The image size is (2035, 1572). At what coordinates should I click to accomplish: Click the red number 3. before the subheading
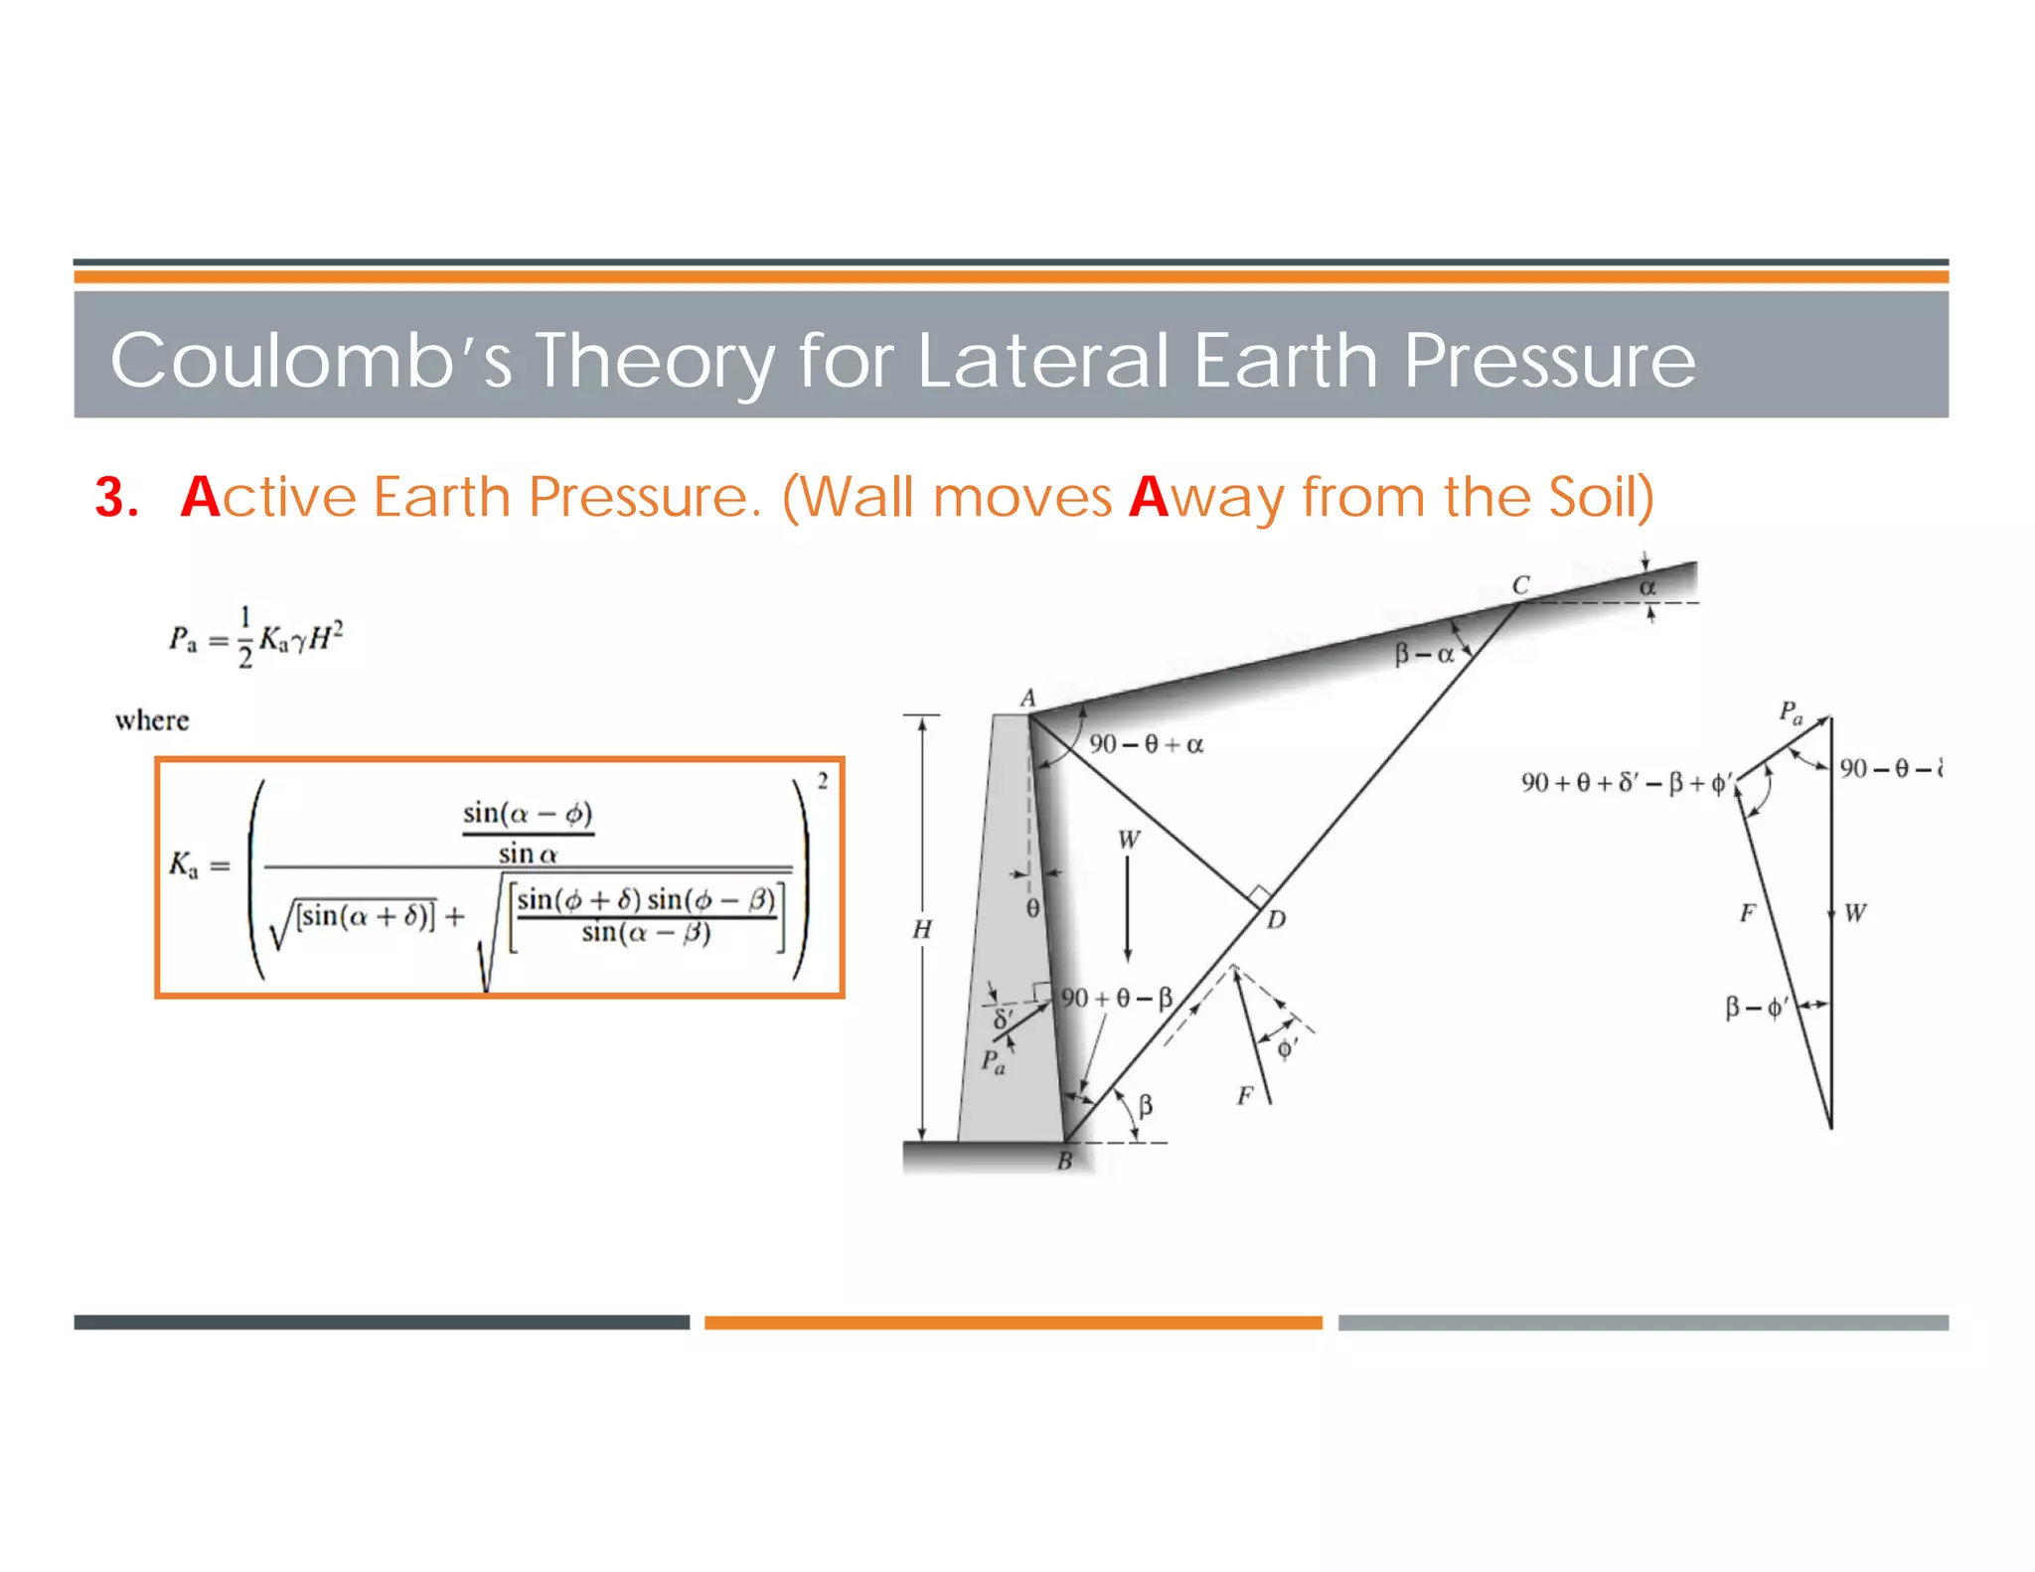click(x=116, y=497)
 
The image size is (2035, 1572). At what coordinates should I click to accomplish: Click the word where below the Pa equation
click(x=152, y=719)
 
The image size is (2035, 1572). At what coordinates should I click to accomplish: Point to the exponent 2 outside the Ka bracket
click(x=822, y=781)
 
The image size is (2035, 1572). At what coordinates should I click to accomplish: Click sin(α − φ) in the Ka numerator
click(x=528, y=814)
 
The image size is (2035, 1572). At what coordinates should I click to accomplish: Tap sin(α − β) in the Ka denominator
click(x=646, y=932)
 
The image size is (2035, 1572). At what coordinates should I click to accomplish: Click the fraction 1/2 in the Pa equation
click(x=244, y=637)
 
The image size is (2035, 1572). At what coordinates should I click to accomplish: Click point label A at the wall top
click(x=1027, y=698)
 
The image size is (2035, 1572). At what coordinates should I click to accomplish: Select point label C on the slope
click(x=1520, y=585)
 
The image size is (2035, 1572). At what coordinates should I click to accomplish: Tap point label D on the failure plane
click(x=1276, y=920)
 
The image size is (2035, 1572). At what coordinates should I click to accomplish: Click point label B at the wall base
click(x=1064, y=1161)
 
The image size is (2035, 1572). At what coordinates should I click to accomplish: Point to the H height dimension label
click(x=922, y=929)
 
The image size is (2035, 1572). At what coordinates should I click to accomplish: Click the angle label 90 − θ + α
click(x=1146, y=744)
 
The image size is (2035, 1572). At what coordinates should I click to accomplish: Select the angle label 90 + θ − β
click(x=1117, y=998)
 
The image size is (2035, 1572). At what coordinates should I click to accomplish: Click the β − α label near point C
click(x=1424, y=654)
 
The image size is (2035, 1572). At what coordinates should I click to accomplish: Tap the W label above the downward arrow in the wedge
click(x=1129, y=840)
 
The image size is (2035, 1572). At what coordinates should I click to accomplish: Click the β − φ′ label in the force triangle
click(x=1755, y=1008)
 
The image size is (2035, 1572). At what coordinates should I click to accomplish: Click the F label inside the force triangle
click(x=1748, y=912)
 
